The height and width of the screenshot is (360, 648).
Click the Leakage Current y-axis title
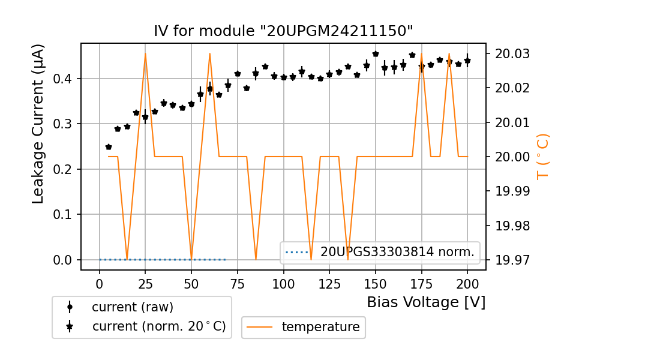point(38,124)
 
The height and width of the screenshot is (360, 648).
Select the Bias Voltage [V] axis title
point(426,302)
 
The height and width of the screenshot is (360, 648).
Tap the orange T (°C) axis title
point(543,156)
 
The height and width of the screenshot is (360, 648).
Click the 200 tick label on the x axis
point(467,283)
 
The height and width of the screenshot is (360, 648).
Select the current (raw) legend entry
point(132,307)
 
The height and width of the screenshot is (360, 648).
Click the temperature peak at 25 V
point(145,53)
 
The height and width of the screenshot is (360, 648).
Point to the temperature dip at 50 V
point(191,259)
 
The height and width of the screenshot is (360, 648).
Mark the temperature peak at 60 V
point(210,53)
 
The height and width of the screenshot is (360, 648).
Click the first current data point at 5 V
point(109,147)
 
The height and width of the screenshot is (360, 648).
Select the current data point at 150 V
point(376,54)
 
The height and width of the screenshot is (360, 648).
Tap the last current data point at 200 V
point(467,61)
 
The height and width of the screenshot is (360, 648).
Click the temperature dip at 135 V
point(348,259)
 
